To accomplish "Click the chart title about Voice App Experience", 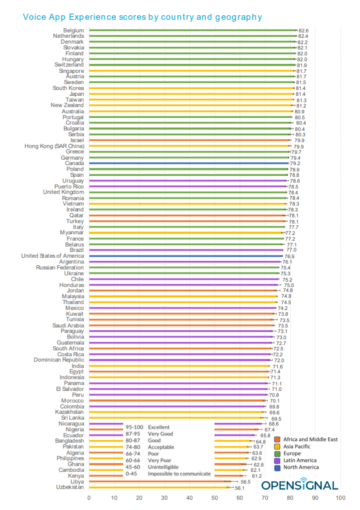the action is pos(142,17).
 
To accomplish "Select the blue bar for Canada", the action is pos(189,163).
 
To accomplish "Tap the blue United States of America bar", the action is pos(186,256).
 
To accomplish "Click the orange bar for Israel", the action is pos(189,140).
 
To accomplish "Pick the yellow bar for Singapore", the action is pos(192,71).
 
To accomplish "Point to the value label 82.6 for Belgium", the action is pos(303,31).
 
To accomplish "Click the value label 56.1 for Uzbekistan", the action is pos(239,488).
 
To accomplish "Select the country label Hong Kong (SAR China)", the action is pos(54,146).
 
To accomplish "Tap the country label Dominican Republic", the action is pos(59,360).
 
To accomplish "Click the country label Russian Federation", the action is pos(60,267).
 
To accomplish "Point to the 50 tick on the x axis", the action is pos(215,498).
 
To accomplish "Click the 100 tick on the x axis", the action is pos(341,498).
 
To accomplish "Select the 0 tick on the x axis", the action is pos(89,498).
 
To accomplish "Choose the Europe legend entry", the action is pos(288,453).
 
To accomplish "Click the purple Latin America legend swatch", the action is pos(277,461).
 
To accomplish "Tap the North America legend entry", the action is pos(297,467).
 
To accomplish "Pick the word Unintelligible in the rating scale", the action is pos(163,467).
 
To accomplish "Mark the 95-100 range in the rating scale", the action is pos(135,427).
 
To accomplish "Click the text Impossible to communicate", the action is pos(180,474).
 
